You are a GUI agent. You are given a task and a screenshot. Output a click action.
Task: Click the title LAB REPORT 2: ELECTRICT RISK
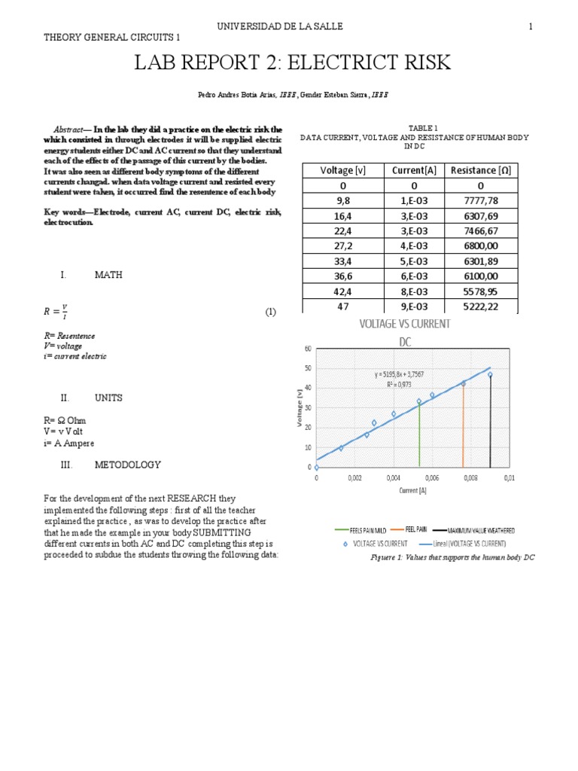coord(292,63)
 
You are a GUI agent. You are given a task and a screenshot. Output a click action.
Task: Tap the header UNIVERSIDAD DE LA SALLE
coord(280,26)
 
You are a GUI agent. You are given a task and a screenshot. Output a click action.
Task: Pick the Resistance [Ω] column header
coord(480,170)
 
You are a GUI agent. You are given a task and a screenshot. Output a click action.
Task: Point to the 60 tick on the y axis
coord(307,349)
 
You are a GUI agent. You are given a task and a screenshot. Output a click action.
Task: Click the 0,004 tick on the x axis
coord(393,478)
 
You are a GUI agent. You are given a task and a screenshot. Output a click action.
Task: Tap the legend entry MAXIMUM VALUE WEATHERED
coord(484,530)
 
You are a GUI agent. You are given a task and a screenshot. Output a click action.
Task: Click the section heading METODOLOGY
coord(127,465)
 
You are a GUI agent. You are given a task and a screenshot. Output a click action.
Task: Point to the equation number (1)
coord(271,311)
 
